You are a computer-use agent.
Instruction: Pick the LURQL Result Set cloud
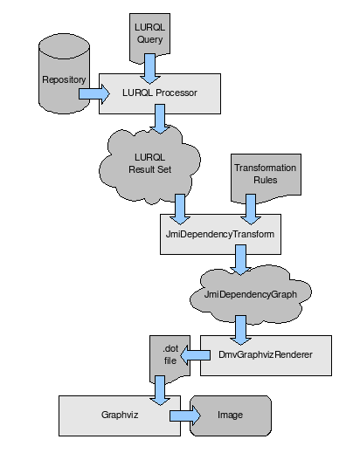click(149, 164)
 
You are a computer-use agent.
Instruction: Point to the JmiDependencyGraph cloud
click(251, 294)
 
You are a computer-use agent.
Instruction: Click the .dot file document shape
click(170, 360)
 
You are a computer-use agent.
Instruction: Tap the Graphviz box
click(120, 415)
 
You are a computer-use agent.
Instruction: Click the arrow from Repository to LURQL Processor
click(94, 94)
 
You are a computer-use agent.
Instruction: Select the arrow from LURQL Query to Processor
click(150, 69)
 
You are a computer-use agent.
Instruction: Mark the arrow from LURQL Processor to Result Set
click(160, 119)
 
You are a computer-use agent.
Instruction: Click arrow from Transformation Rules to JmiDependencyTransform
click(251, 209)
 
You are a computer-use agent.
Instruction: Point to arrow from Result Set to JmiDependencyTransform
click(180, 209)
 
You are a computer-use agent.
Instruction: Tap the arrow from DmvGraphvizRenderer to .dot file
click(195, 355)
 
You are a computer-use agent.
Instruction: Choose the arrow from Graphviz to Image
click(185, 415)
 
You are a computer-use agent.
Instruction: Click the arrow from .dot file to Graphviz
click(160, 391)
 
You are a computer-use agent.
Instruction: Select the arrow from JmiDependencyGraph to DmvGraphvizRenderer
click(240, 330)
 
